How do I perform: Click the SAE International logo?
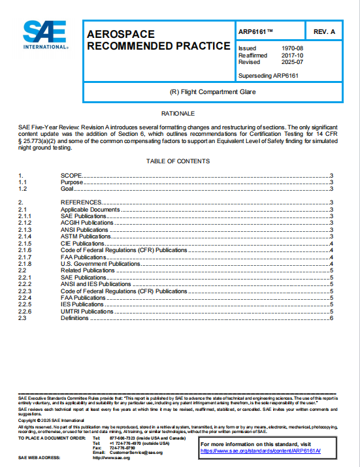click(x=45, y=35)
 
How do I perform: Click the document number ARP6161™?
click(x=256, y=31)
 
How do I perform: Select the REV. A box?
click(x=324, y=31)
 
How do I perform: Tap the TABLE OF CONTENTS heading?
click(x=178, y=161)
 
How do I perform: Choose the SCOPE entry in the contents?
click(x=72, y=176)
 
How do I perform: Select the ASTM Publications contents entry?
click(x=86, y=236)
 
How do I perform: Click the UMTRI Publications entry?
click(x=88, y=312)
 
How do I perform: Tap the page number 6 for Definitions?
click(x=332, y=318)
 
